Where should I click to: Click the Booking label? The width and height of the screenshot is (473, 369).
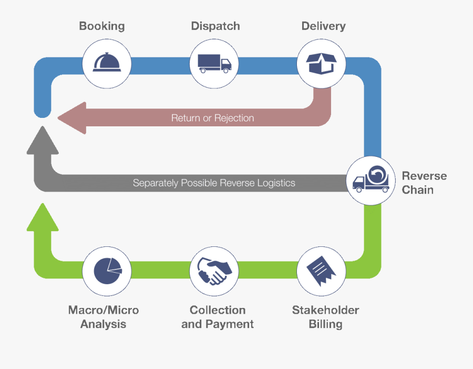coord(101,26)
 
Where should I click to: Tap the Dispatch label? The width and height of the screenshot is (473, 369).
coord(215,26)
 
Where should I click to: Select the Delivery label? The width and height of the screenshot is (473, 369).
coord(323,26)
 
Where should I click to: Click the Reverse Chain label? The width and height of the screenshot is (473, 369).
coord(424,183)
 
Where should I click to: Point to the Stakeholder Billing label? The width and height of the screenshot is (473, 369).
coord(325,317)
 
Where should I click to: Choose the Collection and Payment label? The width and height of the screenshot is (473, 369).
coord(217,317)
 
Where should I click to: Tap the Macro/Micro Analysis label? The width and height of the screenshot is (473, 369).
coord(104,317)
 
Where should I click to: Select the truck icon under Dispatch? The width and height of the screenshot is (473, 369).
coord(214,64)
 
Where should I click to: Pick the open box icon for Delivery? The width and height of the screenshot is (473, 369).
coord(322,64)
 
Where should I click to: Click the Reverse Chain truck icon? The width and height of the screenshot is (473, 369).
coord(371,181)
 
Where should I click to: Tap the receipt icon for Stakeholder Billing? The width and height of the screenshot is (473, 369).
coord(322,271)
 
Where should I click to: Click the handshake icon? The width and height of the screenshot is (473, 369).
coord(214,271)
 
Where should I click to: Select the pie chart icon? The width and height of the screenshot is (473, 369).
coord(107,271)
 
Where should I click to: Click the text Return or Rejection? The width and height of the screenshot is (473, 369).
coord(212,118)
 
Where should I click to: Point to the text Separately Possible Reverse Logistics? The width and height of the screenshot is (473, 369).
coord(214,183)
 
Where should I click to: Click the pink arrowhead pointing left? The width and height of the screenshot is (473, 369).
coord(71,117)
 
